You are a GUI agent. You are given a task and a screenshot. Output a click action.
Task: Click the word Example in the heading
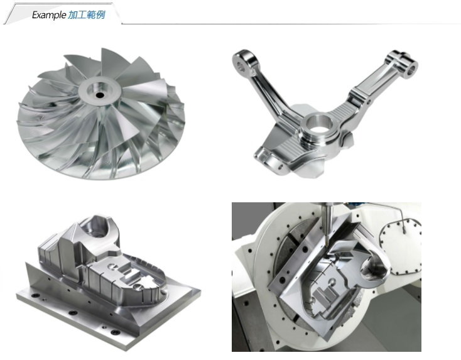49,14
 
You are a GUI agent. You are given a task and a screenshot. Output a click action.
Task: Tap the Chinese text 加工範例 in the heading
87,14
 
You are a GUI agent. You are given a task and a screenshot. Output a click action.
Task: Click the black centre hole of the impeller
100,95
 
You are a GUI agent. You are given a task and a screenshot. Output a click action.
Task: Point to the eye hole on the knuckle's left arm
242,67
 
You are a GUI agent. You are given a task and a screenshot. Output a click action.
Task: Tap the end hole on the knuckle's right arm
411,70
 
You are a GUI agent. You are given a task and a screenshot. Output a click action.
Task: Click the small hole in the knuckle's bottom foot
280,168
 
